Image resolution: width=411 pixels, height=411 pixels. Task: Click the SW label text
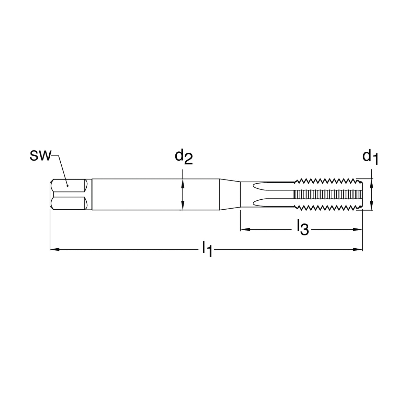click(40, 156)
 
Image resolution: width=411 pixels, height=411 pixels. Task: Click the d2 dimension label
click(184, 157)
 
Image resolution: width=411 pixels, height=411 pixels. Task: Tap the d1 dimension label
click(370, 157)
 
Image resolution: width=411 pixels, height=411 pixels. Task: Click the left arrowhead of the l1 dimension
click(54, 249)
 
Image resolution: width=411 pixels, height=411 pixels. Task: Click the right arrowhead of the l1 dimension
click(358, 249)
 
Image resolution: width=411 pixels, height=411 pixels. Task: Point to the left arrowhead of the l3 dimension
click(245, 229)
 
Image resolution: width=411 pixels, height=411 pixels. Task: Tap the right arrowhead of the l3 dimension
click(358, 229)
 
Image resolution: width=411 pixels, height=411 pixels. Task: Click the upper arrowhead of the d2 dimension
click(183, 184)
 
